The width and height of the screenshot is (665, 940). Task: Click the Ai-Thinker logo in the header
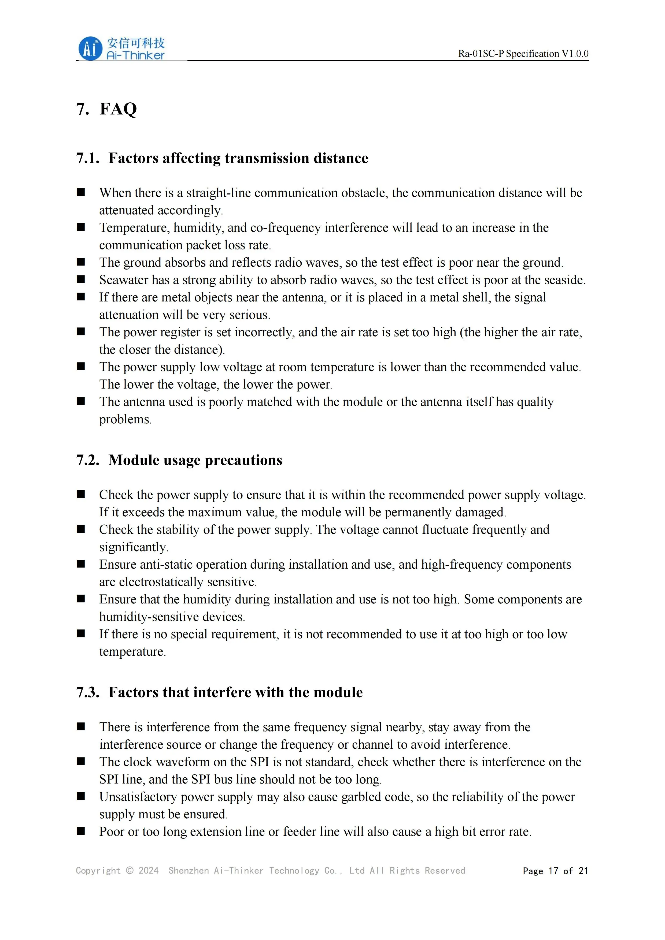(121, 49)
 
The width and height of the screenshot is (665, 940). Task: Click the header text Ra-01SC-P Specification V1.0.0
(523, 54)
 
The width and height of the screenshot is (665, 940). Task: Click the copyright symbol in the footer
(130, 871)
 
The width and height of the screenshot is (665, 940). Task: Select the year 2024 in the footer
(148, 871)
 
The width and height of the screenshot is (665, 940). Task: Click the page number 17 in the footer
(553, 871)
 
